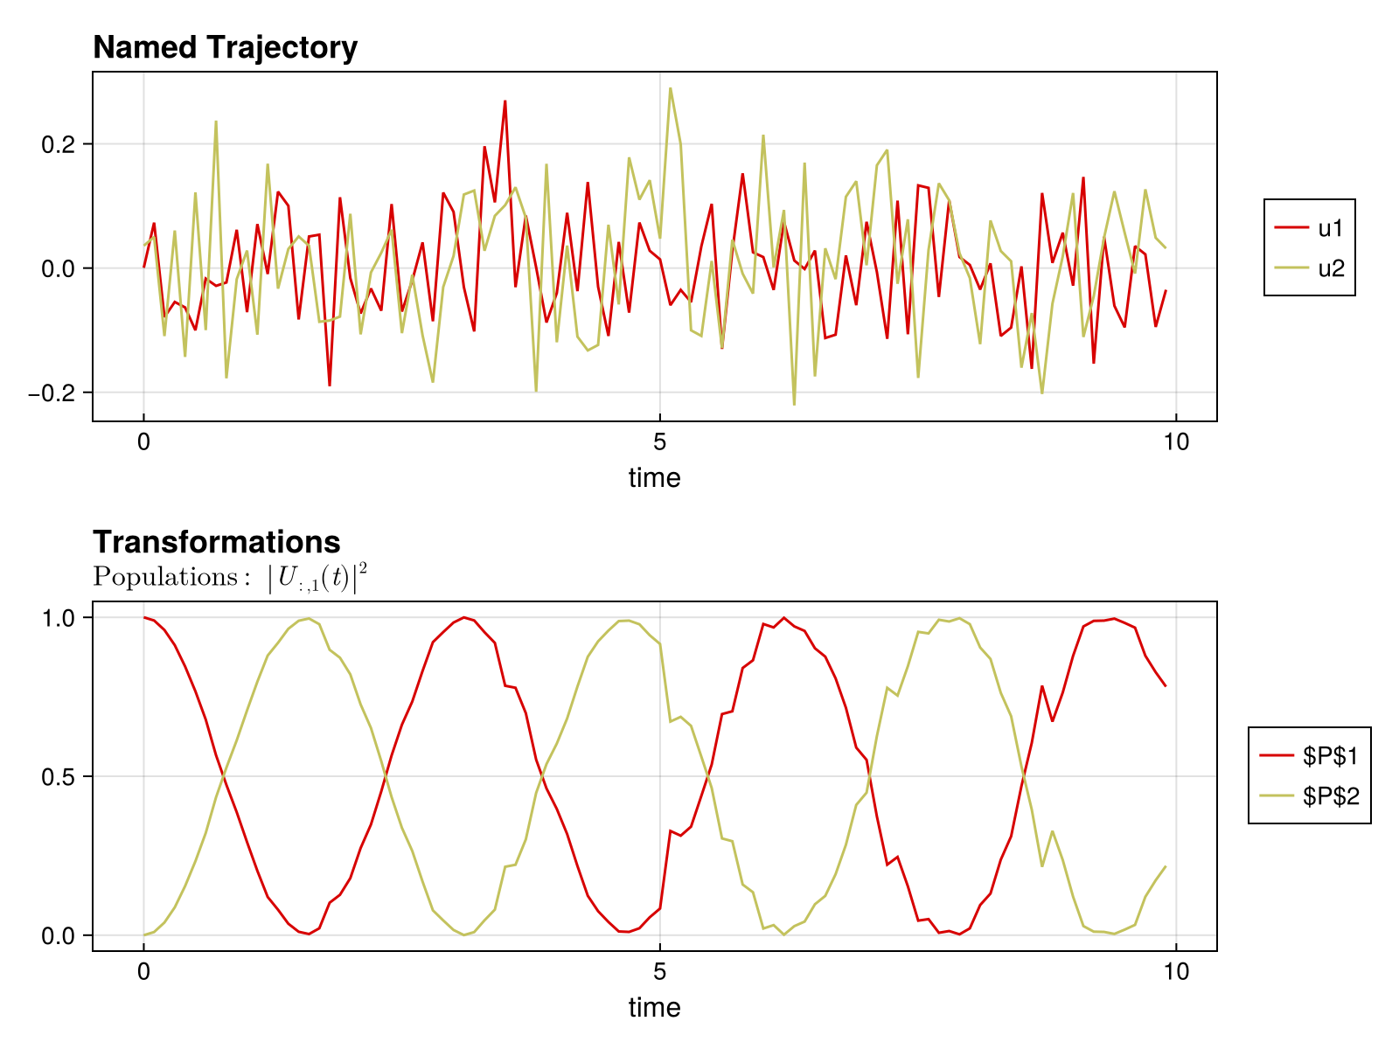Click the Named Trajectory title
pos(225,47)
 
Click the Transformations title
pos(216,542)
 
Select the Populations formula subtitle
pos(230,578)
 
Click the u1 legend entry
pos(1309,229)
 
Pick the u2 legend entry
pos(1309,268)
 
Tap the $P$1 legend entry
pos(1309,756)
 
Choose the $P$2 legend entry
pos(1309,795)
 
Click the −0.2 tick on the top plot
pos(55,393)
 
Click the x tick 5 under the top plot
pos(660,441)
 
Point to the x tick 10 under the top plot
pos(1176,441)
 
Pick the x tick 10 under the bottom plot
pos(1176,971)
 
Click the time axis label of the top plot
pos(654,478)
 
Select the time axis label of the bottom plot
pos(654,1008)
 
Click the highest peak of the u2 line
pos(671,88)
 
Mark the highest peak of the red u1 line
pos(505,101)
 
